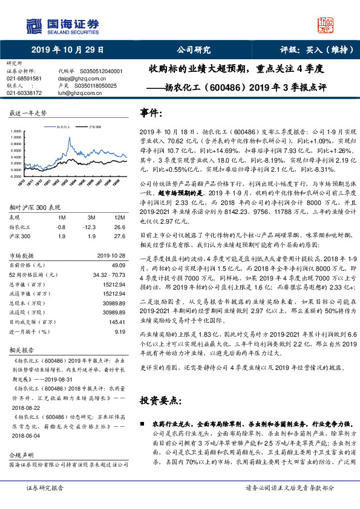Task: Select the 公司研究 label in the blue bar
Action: click(194, 50)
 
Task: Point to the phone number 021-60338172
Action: click(24, 92)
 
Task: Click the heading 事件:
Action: click(151, 113)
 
